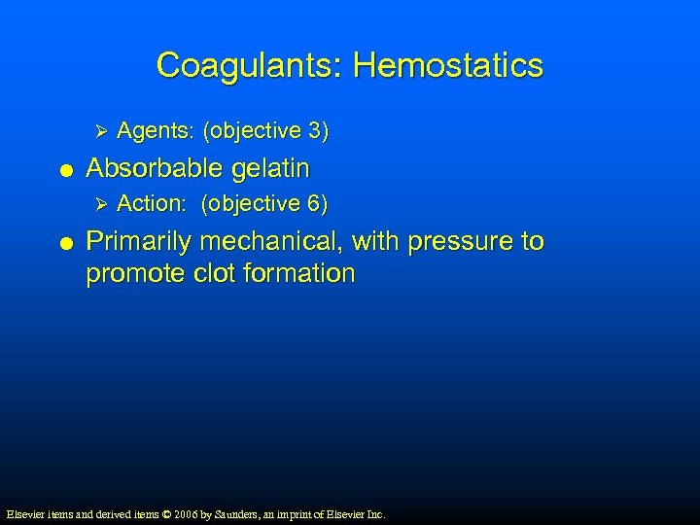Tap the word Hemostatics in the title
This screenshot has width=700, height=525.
(448, 66)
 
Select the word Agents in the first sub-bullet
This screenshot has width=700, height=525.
(148, 130)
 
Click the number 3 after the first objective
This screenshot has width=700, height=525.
(317, 130)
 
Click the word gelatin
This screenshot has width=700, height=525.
(273, 168)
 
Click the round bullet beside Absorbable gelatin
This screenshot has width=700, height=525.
(64, 170)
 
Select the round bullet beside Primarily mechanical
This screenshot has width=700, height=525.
(64, 242)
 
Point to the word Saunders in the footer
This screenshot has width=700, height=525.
(249, 513)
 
